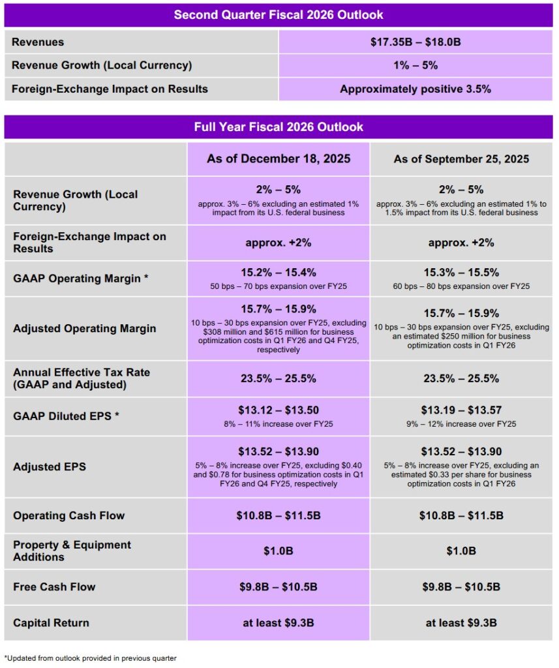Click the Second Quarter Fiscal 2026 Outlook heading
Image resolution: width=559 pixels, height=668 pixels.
pos(279,14)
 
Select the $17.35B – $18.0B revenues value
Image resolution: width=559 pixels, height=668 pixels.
pos(415,42)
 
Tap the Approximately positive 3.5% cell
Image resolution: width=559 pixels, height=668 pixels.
pos(415,89)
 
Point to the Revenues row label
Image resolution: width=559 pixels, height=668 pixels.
pos(38,42)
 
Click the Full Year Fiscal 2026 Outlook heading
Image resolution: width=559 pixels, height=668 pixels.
pos(279,127)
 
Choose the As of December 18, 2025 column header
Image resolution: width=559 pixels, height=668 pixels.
pos(279,159)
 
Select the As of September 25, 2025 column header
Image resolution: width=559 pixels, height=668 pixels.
pos(461,159)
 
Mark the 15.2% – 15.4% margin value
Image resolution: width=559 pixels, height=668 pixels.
pos(279,273)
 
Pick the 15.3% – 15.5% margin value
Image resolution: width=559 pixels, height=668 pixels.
pos(461,273)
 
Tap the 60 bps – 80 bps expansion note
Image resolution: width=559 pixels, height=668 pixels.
pos(461,286)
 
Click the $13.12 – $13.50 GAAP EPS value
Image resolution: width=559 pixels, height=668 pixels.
pos(279,410)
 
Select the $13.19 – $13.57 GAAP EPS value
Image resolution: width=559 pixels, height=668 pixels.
pos(461,410)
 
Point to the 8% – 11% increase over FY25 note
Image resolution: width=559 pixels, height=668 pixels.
pos(279,423)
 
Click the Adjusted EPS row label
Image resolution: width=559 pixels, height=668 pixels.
pos(50,467)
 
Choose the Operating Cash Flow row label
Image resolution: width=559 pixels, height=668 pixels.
pos(68,515)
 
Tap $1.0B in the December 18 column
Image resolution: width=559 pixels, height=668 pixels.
pos(279,551)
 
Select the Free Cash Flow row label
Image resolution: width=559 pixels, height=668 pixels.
pos(54,587)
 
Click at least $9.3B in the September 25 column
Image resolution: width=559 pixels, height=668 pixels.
pos(461,623)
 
